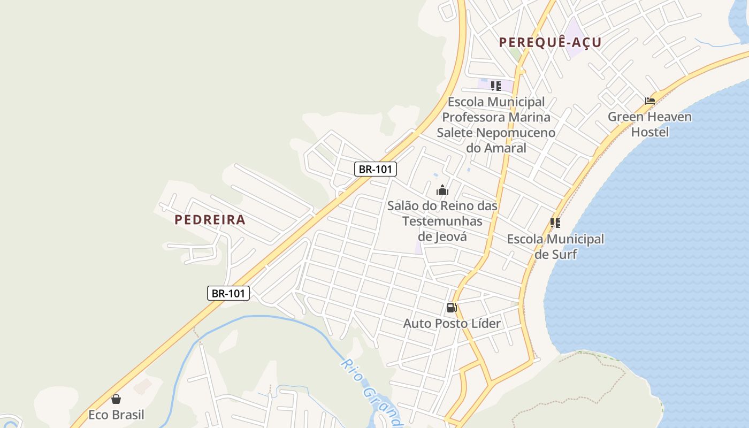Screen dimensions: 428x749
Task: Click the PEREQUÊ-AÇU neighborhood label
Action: (550, 42)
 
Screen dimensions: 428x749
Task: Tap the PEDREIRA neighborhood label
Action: (210, 219)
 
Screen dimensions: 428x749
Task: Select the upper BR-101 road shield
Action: (375, 169)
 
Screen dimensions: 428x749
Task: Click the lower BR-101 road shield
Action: (228, 293)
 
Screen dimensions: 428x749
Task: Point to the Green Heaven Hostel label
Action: (649, 124)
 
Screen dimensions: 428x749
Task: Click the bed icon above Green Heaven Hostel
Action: (650, 101)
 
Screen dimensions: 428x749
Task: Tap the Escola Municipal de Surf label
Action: (555, 246)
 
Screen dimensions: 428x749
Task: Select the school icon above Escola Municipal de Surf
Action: (555, 223)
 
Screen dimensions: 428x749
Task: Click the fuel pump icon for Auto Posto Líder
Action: (452, 308)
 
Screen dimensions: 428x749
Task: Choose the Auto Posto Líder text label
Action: (452, 323)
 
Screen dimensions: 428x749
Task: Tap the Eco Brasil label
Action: (116, 415)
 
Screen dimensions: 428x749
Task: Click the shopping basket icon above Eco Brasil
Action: (116, 399)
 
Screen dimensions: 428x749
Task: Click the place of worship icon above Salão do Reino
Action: (442, 190)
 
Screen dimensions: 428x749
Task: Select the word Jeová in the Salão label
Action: (442, 236)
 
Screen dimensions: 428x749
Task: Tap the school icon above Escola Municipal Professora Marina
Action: (496, 86)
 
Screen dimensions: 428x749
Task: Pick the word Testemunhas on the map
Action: (442, 221)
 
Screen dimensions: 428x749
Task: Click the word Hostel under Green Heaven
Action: (649, 132)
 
